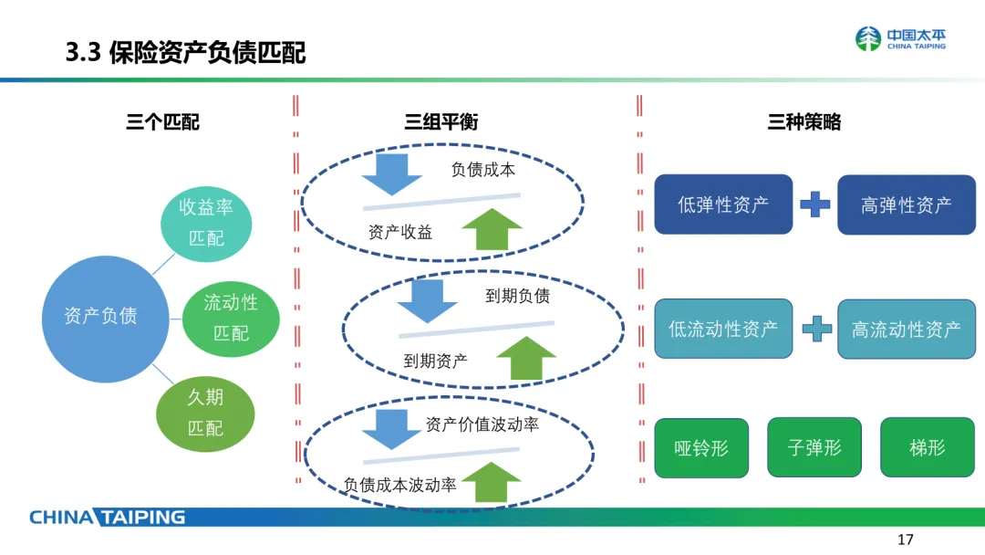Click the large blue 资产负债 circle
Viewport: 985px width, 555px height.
pos(100,316)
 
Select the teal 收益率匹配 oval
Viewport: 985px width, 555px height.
pos(205,223)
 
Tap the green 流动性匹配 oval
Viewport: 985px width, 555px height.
pos(231,318)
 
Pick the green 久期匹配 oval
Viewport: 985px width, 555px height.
pos(205,413)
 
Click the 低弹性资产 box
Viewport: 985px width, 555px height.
pos(723,204)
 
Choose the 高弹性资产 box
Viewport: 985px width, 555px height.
pos(906,204)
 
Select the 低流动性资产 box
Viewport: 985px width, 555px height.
pos(723,329)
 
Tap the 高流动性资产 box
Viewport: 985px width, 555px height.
pos(906,329)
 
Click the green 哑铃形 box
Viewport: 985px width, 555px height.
pos(701,448)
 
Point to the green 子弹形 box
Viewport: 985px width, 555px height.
pos(814,448)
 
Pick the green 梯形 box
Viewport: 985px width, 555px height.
pos(927,448)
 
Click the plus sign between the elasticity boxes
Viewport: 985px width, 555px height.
pos(814,204)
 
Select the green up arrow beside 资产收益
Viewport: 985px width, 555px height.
pos(492,228)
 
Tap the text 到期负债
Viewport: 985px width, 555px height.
pos(517,296)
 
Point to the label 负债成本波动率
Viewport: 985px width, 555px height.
pos(399,486)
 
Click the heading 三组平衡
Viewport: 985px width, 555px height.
pos(441,121)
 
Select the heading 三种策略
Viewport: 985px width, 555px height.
pos(804,121)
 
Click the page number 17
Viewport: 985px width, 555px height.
pos(906,538)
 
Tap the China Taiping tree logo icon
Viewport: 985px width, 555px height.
pos(868,39)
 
